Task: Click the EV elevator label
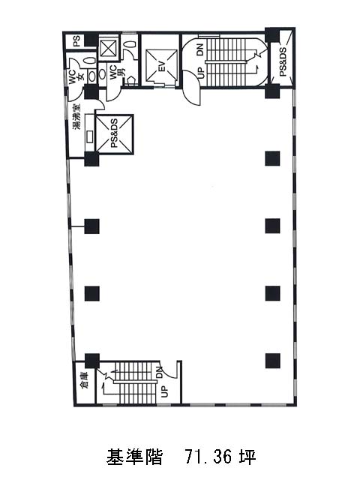162,67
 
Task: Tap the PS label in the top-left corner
76,40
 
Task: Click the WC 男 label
117,72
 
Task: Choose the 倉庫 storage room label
83,380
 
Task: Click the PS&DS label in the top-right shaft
283,61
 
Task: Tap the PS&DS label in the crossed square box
115,133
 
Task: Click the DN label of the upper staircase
199,49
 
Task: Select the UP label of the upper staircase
200,73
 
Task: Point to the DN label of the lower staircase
160,372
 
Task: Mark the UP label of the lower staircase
165,391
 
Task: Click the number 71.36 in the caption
208,457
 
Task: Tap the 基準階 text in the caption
134,457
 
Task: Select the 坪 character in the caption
247,457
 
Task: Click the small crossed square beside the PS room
108,48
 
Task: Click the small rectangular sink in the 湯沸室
90,136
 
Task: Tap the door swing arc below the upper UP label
191,88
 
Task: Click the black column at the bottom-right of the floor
273,360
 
